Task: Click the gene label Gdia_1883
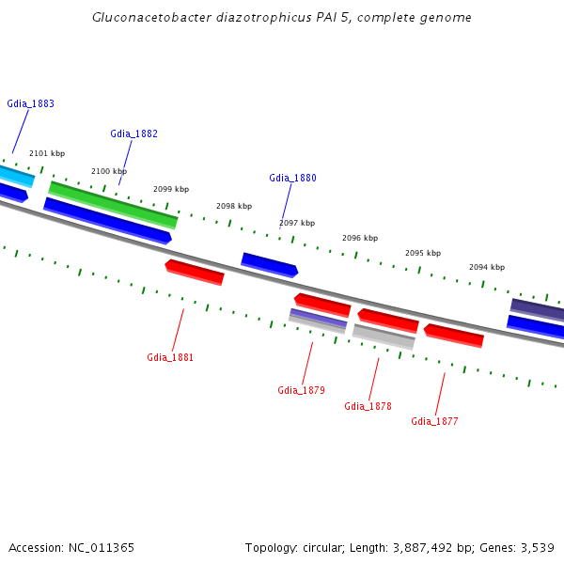point(30,103)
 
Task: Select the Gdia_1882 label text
point(133,133)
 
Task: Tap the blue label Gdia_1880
point(292,178)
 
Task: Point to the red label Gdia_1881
point(170,357)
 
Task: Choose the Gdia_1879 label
point(301,390)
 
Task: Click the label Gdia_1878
point(368,406)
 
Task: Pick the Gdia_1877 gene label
point(434,421)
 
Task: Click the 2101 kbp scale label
point(47,153)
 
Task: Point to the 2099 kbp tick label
point(171,189)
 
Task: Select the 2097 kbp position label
point(297,223)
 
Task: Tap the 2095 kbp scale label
point(423,253)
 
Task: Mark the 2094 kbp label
point(487,267)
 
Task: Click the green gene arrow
point(113,205)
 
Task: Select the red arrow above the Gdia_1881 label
point(195,272)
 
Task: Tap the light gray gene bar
point(384,337)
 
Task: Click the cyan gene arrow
point(14,175)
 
